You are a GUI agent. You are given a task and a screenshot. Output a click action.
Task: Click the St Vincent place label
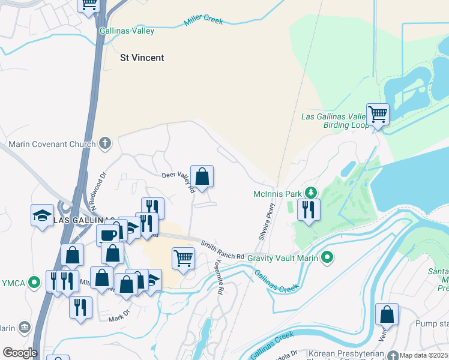pos(142,58)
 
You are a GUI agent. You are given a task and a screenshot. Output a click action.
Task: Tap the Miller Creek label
pos(203,22)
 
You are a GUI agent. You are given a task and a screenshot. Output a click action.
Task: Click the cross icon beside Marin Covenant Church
pos(105,144)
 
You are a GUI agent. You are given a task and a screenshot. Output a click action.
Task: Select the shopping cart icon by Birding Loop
pos(378,113)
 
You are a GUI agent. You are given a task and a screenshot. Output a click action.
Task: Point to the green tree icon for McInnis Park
pos(310,193)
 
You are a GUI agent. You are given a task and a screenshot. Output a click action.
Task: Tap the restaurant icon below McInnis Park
pos(309,209)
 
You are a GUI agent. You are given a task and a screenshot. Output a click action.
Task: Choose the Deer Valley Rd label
pos(178,181)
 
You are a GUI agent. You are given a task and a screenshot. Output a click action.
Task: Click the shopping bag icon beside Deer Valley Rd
pos(202,176)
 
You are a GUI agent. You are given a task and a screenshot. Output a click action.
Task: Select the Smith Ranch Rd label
pos(223,251)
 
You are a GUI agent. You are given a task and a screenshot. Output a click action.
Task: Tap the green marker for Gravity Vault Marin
pos(327,257)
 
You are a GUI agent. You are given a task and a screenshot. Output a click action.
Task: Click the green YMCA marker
pos(35,281)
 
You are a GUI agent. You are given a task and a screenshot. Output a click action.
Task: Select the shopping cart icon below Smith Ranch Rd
pos(183,258)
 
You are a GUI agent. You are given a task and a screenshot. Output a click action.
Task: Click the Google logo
pos(20,353)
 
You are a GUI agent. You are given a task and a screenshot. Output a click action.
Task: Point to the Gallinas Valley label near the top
pos(127,31)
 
